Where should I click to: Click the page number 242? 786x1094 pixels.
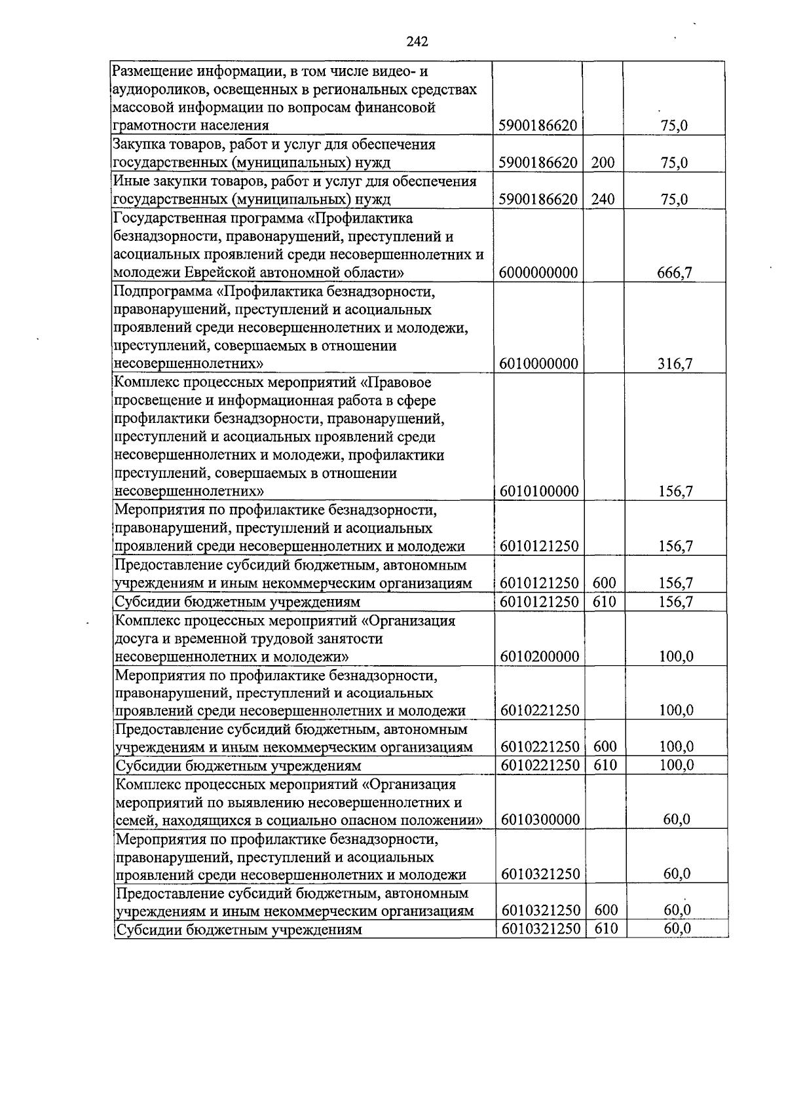pyautogui.click(x=417, y=42)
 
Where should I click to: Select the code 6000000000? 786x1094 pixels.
pyautogui.click(x=538, y=273)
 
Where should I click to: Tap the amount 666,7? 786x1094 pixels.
pyautogui.click(x=675, y=273)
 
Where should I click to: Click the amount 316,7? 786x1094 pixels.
pyautogui.click(x=675, y=364)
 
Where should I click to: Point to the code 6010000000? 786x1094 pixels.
pyautogui.click(x=538, y=364)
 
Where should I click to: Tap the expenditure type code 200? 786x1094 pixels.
pyautogui.click(x=603, y=163)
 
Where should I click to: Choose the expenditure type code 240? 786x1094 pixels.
pyautogui.click(x=603, y=200)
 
